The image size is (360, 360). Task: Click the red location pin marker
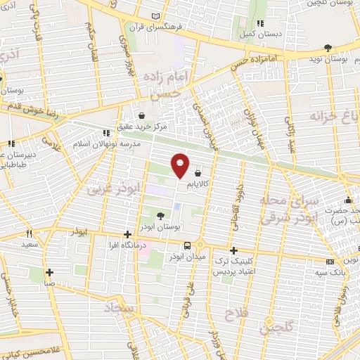pyautogui.click(x=180, y=164)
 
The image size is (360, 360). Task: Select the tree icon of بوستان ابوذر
pyautogui.click(x=161, y=216)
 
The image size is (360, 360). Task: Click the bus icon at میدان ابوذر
pyautogui.click(x=187, y=245)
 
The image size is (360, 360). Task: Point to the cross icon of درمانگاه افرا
pyautogui.click(x=127, y=234)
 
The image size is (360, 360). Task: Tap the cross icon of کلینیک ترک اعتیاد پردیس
pyautogui.click(x=234, y=250)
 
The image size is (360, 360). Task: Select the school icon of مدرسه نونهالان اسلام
pyautogui.click(x=107, y=132)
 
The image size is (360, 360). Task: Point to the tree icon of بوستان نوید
pyautogui.click(x=328, y=48)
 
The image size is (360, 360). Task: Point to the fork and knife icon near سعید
pyautogui.click(x=29, y=233)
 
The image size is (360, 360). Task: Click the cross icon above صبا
pyautogui.click(x=49, y=272)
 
